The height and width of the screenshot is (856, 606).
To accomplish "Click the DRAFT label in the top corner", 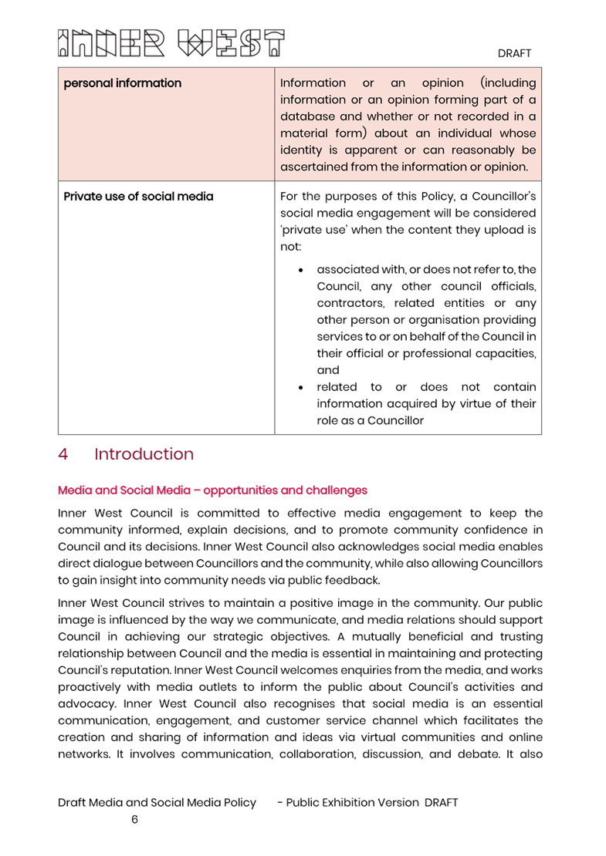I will point(514,53).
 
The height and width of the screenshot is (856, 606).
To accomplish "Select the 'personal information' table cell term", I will point(122,83).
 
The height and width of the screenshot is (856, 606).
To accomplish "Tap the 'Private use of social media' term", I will point(138,197).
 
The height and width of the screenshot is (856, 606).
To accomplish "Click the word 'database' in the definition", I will point(309,116).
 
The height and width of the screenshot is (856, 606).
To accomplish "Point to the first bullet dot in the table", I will point(300,270).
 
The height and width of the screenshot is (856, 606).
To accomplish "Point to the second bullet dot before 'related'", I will point(300,387).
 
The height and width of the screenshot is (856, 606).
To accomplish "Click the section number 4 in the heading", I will point(63,454).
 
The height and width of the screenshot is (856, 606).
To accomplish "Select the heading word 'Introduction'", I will point(144,454).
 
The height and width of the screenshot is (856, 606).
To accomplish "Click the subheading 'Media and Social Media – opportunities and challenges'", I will point(212,490).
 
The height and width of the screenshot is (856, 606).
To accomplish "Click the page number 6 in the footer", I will point(134,820).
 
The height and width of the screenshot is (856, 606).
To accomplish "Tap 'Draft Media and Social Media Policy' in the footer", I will point(157,803).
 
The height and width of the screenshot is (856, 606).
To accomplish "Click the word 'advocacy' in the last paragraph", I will point(83,704).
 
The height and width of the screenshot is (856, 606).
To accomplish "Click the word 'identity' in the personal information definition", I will point(303,150).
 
